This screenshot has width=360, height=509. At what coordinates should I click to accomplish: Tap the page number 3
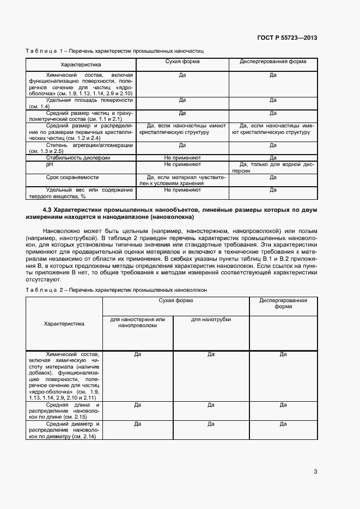[315, 471]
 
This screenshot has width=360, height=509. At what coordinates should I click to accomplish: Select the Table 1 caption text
[114, 51]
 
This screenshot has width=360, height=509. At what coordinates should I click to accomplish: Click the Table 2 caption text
[116, 290]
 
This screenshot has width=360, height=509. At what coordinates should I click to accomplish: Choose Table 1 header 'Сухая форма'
[182, 62]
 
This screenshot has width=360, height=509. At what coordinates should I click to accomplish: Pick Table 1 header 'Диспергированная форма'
[273, 62]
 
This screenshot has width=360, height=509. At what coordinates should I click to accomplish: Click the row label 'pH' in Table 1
[49, 164]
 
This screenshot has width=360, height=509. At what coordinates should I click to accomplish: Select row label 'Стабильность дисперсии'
[78, 157]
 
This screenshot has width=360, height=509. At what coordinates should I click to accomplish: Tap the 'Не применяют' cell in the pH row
[182, 164]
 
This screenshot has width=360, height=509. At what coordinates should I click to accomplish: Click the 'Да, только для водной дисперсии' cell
[273, 167]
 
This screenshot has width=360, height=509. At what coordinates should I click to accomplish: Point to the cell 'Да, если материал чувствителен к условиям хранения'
[182, 180]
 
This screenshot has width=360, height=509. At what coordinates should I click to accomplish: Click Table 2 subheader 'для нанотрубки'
[211, 319]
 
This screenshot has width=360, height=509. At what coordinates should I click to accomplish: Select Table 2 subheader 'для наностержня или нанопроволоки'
[137, 322]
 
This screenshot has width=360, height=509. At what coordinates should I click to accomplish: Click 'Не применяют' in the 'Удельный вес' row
[182, 190]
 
